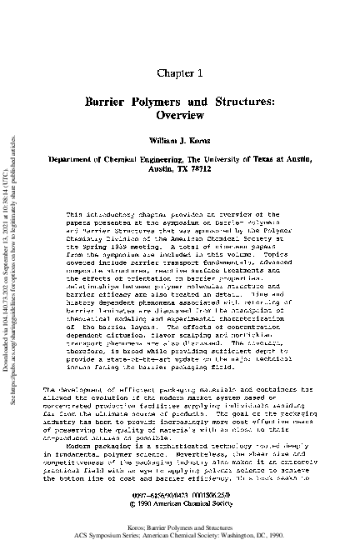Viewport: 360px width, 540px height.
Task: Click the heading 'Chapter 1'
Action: [180, 52]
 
